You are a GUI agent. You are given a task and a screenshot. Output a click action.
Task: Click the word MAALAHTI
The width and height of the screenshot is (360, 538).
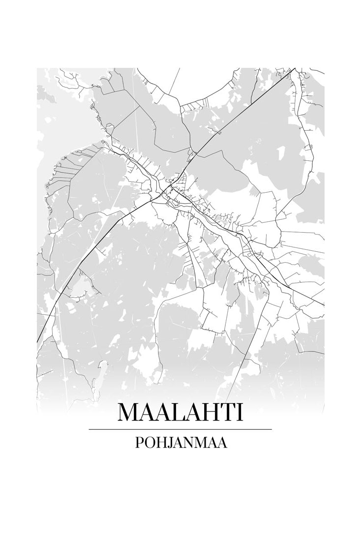(180, 412)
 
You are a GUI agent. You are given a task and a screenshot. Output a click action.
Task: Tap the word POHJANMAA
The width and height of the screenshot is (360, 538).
(180, 443)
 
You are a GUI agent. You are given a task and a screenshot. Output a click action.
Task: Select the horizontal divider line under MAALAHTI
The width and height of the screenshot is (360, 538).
(180, 429)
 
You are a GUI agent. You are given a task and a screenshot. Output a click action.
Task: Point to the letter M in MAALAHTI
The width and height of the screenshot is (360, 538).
(129, 412)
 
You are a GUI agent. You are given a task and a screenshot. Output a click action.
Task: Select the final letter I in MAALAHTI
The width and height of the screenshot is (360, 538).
(240, 412)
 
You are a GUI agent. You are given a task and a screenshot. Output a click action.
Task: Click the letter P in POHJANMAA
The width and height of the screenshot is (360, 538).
(138, 443)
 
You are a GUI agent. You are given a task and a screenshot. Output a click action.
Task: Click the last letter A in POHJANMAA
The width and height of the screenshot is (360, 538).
(222, 443)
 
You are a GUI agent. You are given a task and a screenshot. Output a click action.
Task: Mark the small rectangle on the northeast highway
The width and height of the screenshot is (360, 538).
(219, 132)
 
